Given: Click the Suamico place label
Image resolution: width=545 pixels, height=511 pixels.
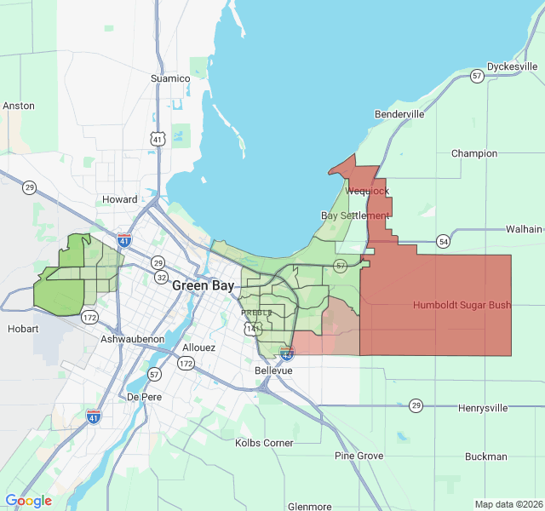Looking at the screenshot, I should point(169,78).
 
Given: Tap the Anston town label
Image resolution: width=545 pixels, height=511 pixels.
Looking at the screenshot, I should point(19,106).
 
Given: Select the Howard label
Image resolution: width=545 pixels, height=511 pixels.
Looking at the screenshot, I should point(119,199).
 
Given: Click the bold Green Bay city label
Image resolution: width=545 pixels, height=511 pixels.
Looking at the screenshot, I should point(203,285).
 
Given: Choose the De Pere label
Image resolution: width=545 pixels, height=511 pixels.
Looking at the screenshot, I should point(144,397).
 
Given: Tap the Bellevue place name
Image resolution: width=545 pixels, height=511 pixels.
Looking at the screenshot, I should point(273,371).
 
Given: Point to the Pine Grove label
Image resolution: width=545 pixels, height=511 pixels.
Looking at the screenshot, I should point(359,456).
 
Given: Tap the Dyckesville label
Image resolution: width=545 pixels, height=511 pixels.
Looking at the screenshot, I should point(513,66).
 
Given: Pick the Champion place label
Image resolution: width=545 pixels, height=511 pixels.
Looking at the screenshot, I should point(474,153).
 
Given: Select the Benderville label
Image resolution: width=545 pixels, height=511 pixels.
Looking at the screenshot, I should point(399,113).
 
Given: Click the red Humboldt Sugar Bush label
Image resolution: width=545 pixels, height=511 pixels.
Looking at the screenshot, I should point(462,305).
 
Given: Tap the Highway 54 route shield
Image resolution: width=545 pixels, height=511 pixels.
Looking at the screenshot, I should point(444,242).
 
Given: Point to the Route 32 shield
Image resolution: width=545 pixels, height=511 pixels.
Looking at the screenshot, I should point(162,277).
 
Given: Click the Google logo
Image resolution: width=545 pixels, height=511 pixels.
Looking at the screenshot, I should point(28,501).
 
